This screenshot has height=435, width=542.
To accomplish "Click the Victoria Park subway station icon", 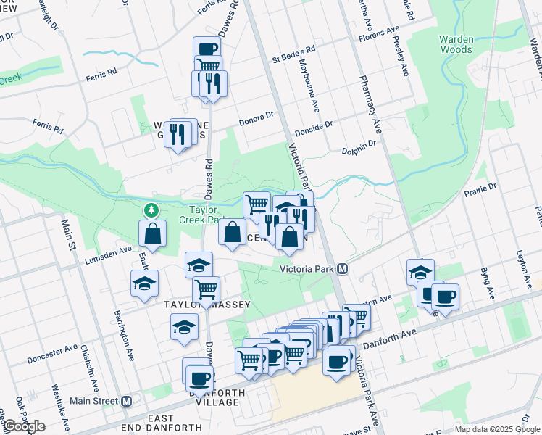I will pos(343,269).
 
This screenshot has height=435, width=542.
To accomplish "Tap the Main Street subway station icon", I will pos(127,401).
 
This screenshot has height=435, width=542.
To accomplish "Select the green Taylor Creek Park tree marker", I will pos(151,210).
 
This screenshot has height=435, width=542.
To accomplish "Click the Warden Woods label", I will pos(460,44).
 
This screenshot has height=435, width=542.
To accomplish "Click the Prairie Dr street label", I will pos(482,187).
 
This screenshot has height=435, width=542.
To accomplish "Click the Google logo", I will pos(23,426).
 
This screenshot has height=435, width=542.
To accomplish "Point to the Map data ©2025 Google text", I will pos(496,429).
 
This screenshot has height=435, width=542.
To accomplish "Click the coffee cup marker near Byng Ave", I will pos(445,296).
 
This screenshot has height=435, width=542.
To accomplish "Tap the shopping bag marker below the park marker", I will pos(154,233).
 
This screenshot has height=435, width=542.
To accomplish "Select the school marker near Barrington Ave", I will pos(145,283).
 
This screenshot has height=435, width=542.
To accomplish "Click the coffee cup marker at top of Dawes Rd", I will pos(207,49).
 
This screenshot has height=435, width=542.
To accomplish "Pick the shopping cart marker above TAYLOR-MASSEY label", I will pos(207,289).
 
